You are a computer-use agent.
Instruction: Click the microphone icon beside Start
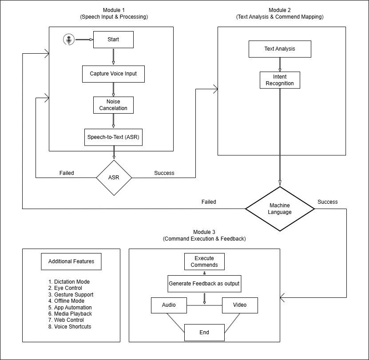[x=68, y=40]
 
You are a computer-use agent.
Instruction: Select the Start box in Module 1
[x=113, y=40]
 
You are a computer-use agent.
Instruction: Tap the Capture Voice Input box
[x=113, y=74]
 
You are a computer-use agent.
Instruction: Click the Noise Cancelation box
[x=113, y=105]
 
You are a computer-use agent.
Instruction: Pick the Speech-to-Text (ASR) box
[x=113, y=137]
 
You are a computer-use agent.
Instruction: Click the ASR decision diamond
[x=114, y=178]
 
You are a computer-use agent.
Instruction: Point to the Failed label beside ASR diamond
[x=67, y=173]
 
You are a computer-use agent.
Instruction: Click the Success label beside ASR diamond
[x=164, y=173]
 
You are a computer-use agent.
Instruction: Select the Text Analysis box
[x=279, y=49]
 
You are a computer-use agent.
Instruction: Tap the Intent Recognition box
[x=280, y=80]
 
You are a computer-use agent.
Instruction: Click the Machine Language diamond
[x=280, y=209]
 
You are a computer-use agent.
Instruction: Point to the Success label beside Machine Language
[x=328, y=202]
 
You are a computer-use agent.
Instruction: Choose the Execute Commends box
[x=204, y=261]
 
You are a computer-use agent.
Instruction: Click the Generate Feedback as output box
[x=204, y=284]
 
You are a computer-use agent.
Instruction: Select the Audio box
[x=169, y=305]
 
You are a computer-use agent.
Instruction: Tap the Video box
[x=240, y=305]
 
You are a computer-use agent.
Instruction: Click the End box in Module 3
[x=204, y=332]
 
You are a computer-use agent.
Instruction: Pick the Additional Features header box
[x=71, y=261]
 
